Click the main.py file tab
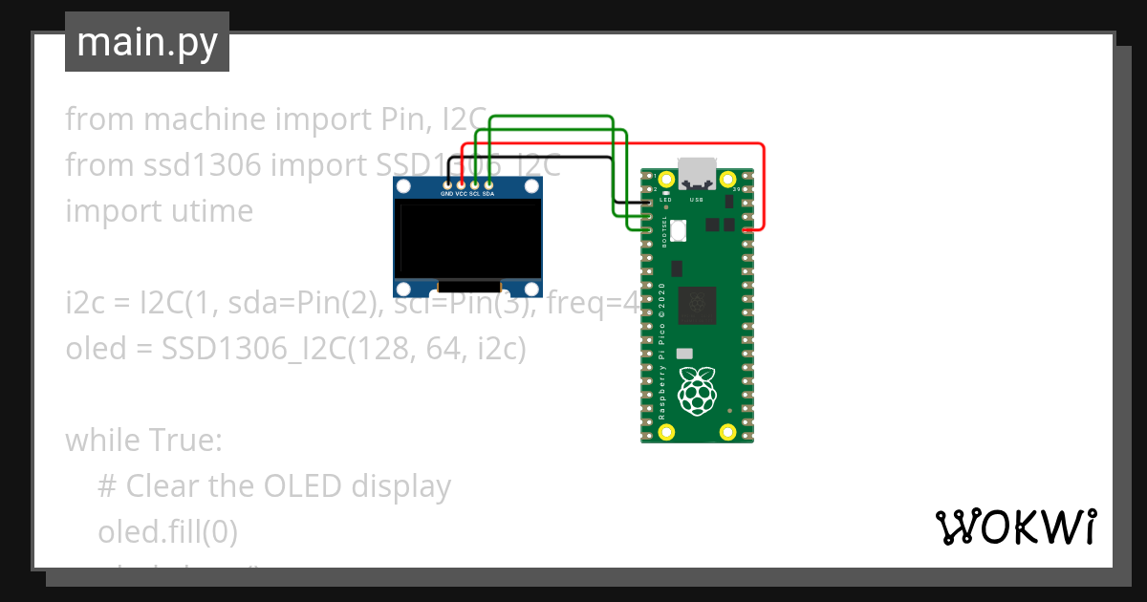(x=146, y=42)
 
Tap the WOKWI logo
(x=1015, y=527)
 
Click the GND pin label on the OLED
(x=446, y=194)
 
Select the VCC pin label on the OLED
(x=461, y=194)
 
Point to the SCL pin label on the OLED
(x=474, y=194)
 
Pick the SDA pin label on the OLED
(x=488, y=194)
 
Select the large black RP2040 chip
(x=697, y=306)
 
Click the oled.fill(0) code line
(x=167, y=530)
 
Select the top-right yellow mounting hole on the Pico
(x=726, y=179)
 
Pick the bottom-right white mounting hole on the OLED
(x=532, y=288)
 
